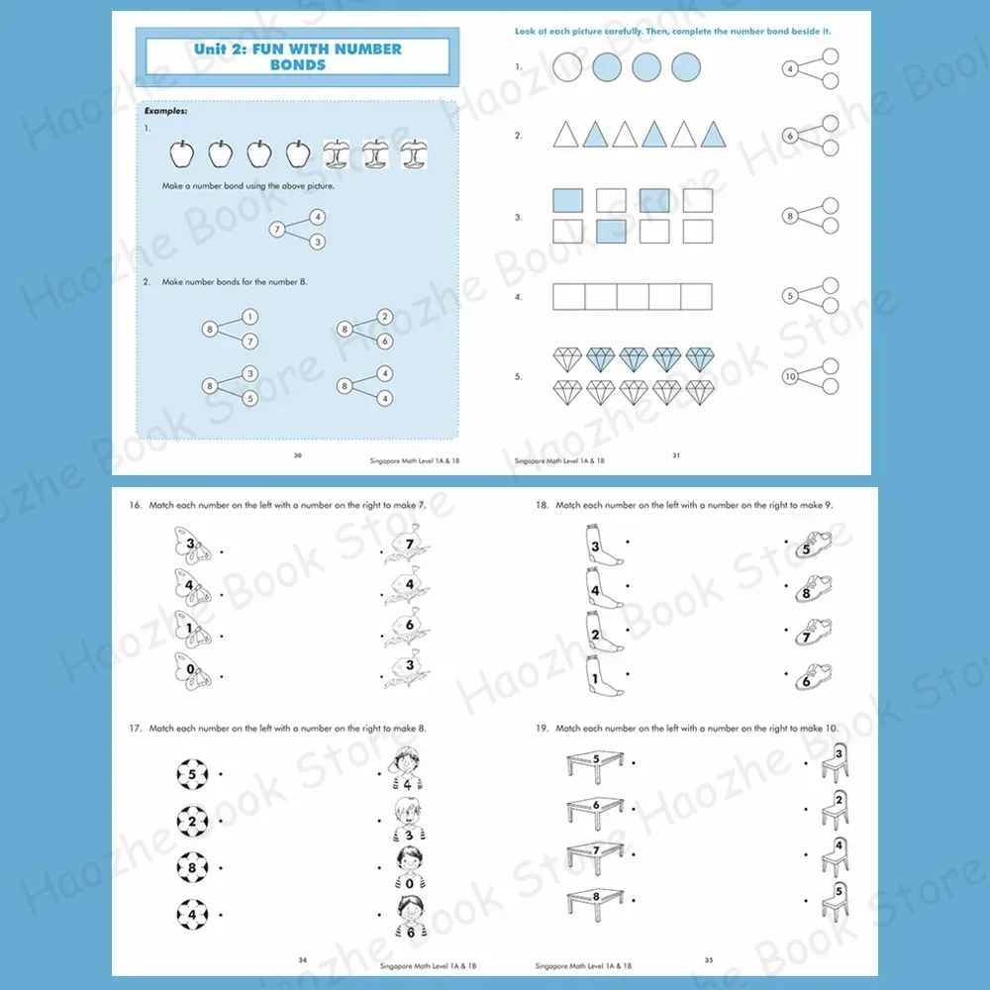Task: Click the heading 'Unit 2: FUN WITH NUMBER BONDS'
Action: coord(297,56)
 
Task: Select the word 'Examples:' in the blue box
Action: coord(165,112)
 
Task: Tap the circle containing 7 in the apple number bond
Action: coord(277,230)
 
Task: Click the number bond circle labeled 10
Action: coord(790,376)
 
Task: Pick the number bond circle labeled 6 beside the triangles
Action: coord(790,136)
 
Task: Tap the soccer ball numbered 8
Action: coord(192,866)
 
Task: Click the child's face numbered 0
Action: coord(408,866)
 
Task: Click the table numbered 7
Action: coord(597,853)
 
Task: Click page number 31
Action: coord(676,455)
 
